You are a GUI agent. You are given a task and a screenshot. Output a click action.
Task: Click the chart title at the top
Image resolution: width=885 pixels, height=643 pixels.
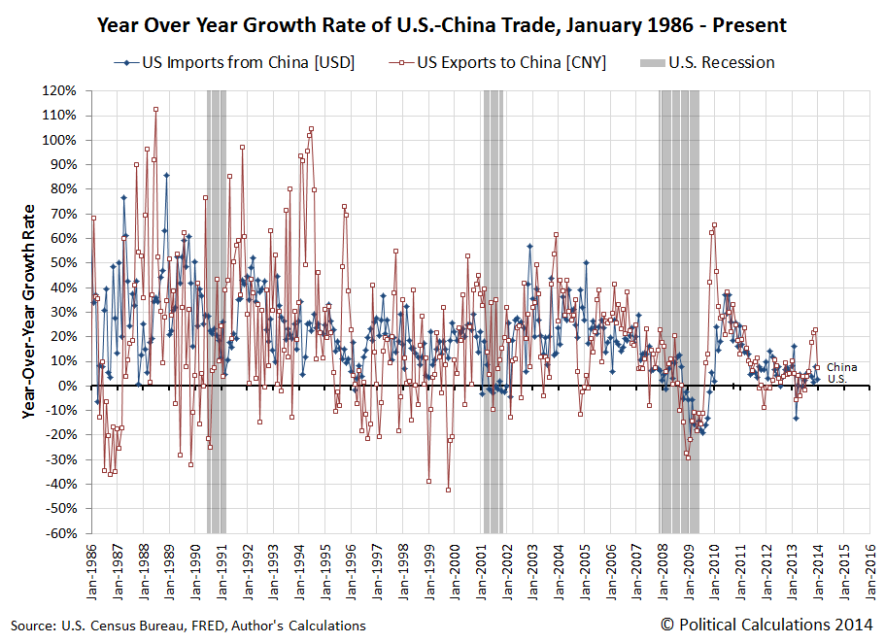click(x=442, y=24)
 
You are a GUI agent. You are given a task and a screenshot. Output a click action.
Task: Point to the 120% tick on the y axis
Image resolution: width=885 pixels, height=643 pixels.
click(x=60, y=90)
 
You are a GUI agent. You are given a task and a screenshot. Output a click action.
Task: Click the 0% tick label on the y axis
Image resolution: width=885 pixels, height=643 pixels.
click(x=65, y=386)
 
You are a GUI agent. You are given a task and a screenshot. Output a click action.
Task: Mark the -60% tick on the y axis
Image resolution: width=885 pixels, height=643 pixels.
click(x=60, y=533)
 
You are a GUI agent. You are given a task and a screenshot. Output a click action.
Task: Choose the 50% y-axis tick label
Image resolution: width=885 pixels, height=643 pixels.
click(x=63, y=262)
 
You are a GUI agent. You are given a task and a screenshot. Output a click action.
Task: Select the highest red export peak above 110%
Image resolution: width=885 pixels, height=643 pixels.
click(x=155, y=109)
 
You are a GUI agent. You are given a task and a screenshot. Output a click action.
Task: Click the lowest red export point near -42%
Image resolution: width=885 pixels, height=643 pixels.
click(x=448, y=490)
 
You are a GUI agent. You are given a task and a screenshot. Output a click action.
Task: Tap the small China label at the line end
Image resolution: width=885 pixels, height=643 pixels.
click(x=840, y=367)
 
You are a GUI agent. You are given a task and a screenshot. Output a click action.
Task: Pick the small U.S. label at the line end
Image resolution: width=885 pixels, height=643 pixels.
click(x=836, y=379)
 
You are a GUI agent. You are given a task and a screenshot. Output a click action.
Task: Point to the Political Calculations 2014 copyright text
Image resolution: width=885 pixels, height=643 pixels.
click(x=766, y=625)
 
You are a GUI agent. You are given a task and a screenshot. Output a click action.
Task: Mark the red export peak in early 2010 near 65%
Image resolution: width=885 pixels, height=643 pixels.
click(x=714, y=225)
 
